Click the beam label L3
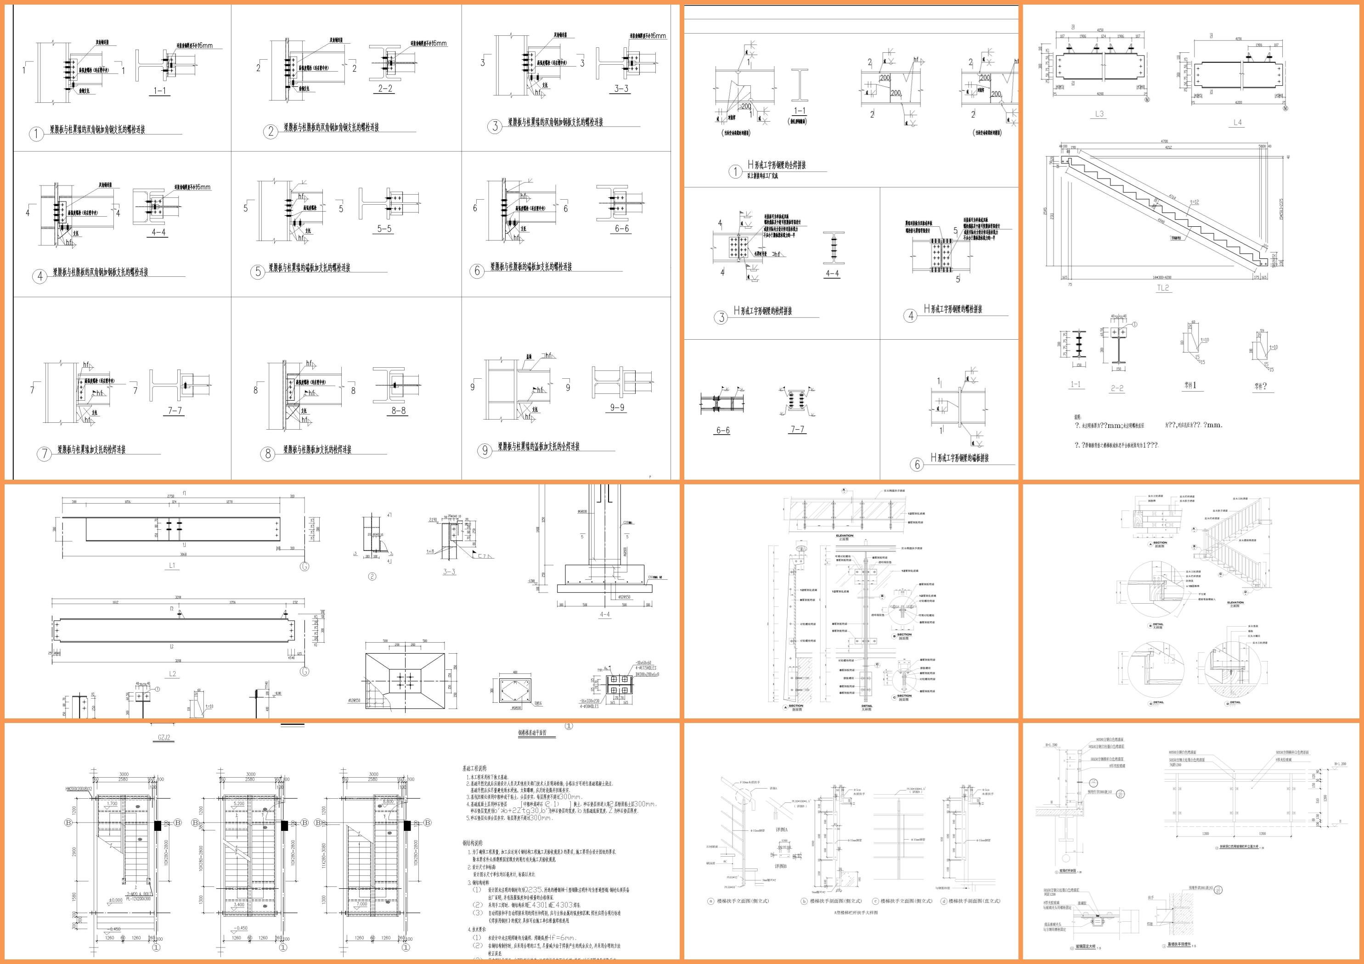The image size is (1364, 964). coord(1099,114)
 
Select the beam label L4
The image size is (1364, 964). coord(1237,123)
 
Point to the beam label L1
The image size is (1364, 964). coord(172,566)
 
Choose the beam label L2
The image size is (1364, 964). coord(172,673)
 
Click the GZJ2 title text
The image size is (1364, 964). coord(166,738)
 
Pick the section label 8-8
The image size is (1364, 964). coord(398,410)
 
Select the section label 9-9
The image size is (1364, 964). coord(617,408)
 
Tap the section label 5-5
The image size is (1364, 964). coord(384,229)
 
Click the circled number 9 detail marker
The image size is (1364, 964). coord(485,450)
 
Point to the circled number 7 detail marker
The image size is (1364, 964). coord(44,454)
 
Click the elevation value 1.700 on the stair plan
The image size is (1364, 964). coord(111,804)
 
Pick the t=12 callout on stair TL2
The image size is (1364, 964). coord(1194,202)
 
